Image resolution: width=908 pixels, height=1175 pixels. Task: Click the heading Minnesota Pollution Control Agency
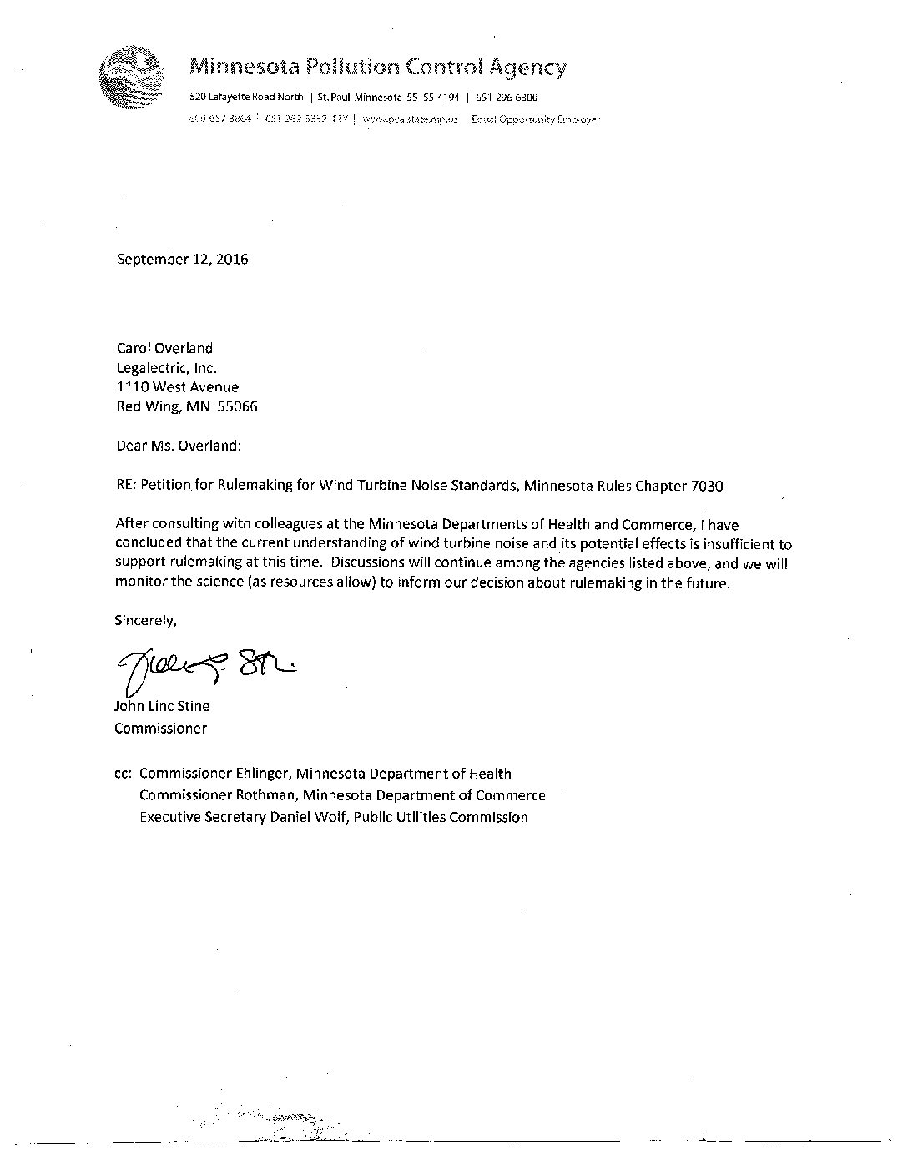tap(378, 67)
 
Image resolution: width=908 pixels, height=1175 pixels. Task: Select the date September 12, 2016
tap(182, 259)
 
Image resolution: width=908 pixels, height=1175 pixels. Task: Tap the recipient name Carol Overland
tap(164, 348)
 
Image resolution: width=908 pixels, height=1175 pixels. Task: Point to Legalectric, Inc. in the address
tap(166, 367)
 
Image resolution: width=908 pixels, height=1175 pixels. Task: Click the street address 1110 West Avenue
tap(177, 387)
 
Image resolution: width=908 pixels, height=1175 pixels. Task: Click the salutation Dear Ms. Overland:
tap(179, 445)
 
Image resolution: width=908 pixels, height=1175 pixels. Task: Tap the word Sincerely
tap(145, 620)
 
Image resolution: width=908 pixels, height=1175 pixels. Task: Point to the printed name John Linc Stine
tap(162, 706)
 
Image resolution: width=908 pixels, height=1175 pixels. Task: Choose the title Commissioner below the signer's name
tap(160, 728)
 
